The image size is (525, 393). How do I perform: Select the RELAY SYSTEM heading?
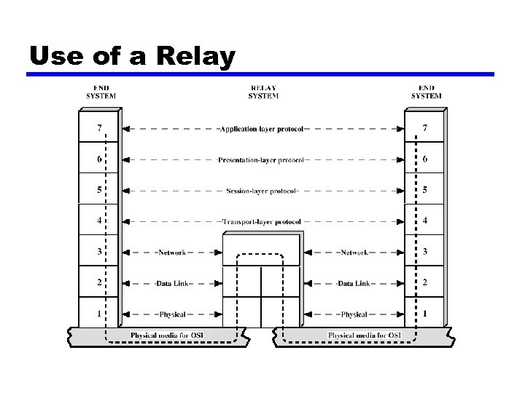point(262,92)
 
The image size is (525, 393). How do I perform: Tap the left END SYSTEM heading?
point(101,92)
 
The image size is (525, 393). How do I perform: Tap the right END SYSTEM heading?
point(426,92)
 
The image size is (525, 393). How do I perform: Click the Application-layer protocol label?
point(262,128)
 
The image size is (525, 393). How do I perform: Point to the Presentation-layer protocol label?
point(262,159)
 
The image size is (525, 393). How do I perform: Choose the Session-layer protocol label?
point(262,191)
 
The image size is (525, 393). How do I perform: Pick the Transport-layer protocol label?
point(262,221)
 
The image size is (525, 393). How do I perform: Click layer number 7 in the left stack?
point(99,128)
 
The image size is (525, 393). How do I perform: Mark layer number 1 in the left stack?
point(99,314)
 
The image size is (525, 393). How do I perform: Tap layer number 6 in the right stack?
point(425,159)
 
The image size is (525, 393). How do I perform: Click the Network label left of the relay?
point(172,253)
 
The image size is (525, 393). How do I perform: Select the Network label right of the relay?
point(354,253)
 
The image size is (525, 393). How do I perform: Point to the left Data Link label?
point(171,283)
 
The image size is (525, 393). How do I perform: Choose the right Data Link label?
point(354,283)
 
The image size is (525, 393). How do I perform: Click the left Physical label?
point(171,314)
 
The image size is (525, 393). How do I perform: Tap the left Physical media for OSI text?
point(167,336)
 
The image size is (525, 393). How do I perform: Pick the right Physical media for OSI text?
point(365,336)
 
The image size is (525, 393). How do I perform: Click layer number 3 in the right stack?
point(425,253)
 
